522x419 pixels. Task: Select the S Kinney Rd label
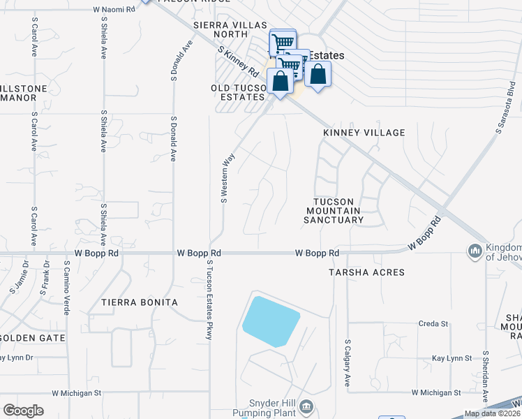pyautogui.click(x=239, y=61)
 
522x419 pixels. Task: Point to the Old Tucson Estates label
pyautogui.click(x=239, y=93)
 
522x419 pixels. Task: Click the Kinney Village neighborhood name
pyautogui.click(x=364, y=133)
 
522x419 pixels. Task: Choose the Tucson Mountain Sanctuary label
pyautogui.click(x=334, y=210)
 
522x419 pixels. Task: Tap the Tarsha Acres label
pyautogui.click(x=366, y=272)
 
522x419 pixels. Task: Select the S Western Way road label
pyautogui.click(x=225, y=179)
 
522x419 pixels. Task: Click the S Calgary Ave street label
pyautogui.click(x=347, y=363)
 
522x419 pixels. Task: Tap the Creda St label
pyautogui.click(x=433, y=324)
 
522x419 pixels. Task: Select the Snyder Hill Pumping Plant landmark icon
pyautogui.click(x=306, y=406)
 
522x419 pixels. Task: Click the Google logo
pyautogui.click(x=23, y=411)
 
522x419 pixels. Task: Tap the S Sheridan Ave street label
pyautogui.click(x=486, y=377)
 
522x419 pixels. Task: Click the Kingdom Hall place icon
pyautogui.click(x=475, y=250)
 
